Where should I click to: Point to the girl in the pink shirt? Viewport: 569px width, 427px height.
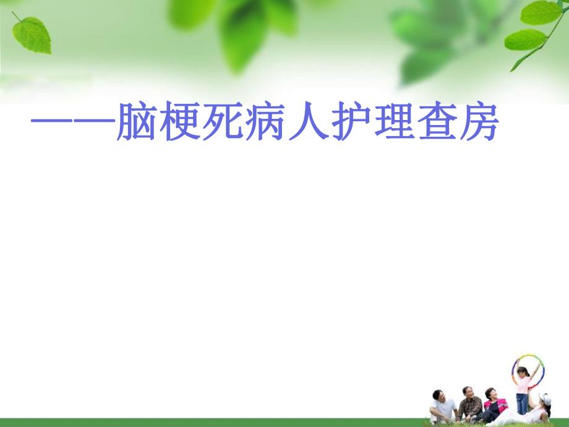[523, 384]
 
